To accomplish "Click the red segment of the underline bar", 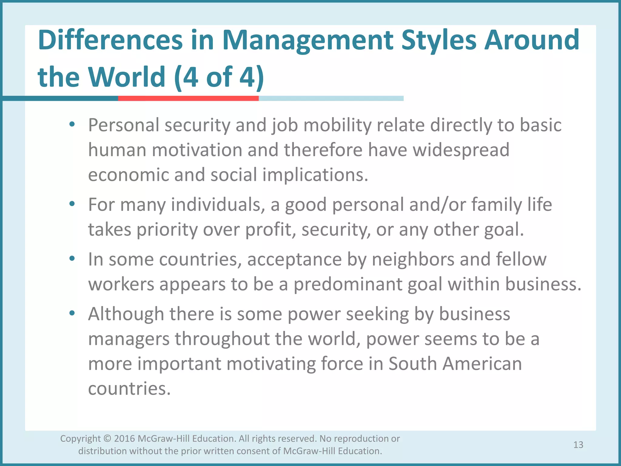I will tap(188, 98).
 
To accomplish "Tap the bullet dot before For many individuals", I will tap(72, 204).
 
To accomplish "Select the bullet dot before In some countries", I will tap(72, 258).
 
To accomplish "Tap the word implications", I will tap(315, 175).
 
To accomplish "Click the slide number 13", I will tap(578, 445).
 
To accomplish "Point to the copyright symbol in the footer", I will tap(107, 439).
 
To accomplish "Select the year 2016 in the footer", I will tap(124, 439).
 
